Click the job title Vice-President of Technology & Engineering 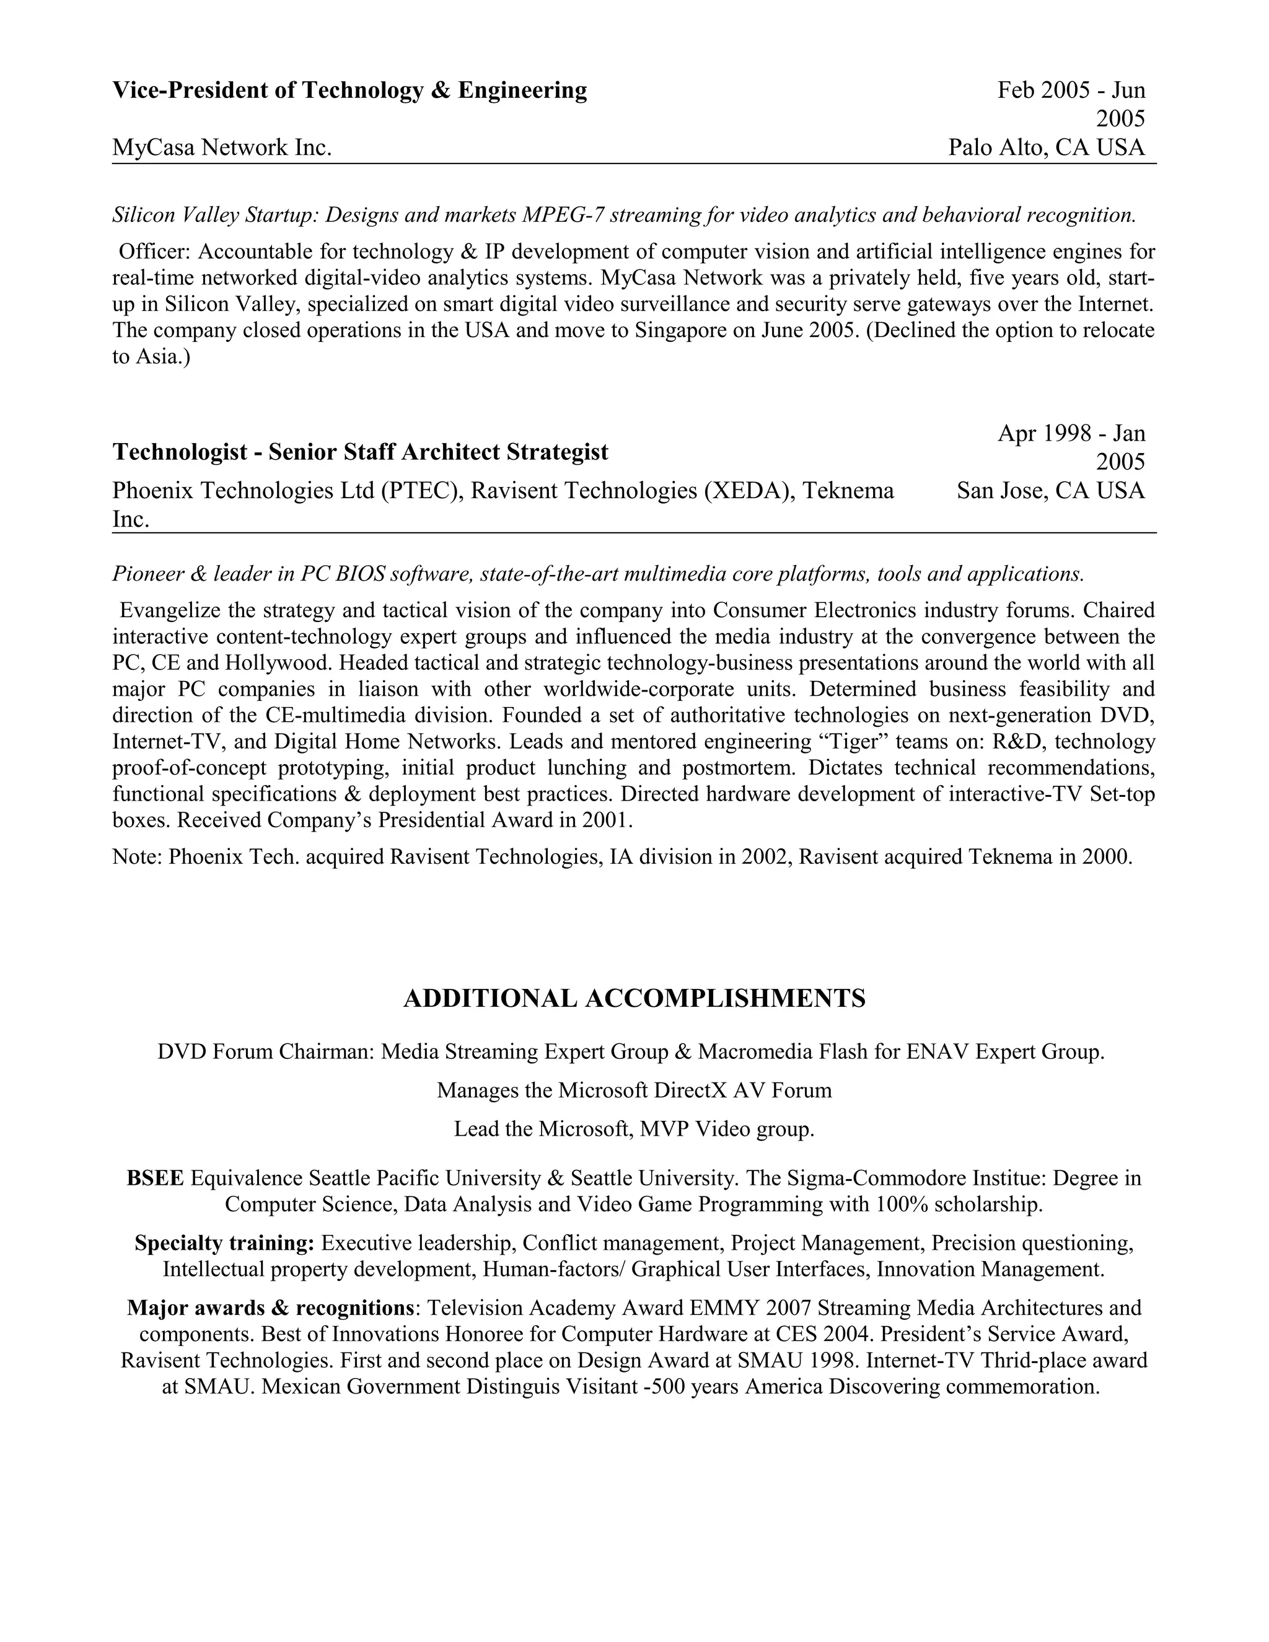[x=349, y=90]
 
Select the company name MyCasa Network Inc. [x=222, y=147]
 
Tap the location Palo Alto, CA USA [x=1047, y=147]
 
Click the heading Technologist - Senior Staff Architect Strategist [x=360, y=452]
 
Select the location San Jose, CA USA [x=1050, y=491]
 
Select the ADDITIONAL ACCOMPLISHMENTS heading [x=634, y=998]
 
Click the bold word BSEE [x=155, y=1177]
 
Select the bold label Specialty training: [x=224, y=1243]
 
